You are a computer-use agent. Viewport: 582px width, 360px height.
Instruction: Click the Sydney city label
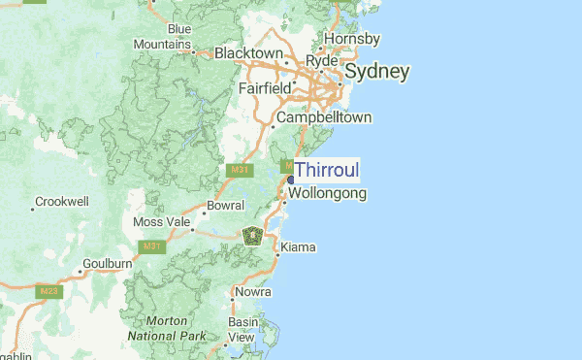(376, 72)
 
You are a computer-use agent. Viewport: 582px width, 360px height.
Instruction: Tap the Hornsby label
(351, 39)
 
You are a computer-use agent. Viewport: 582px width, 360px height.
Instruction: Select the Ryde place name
(321, 61)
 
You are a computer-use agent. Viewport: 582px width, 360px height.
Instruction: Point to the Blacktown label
(248, 52)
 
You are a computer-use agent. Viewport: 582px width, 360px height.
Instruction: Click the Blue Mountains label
(162, 37)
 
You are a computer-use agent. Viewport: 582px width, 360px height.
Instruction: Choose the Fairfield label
(265, 88)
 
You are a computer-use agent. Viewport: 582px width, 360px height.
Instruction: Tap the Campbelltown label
(324, 117)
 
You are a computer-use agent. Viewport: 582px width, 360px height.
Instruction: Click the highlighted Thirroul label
(326, 171)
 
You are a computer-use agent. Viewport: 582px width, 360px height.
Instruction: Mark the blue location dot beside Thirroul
(290, 180)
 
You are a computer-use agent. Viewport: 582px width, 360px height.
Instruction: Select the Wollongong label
(327, 193)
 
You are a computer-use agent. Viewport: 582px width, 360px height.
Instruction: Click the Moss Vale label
(162, 222)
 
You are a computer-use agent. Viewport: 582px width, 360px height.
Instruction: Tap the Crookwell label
(61, 202)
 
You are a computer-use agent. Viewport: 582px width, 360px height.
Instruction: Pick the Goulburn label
(107, 263)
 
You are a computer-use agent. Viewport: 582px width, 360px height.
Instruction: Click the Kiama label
(298, 247)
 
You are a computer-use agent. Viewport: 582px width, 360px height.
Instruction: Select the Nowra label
(251, 291)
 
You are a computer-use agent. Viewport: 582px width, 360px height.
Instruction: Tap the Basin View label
(242, 329)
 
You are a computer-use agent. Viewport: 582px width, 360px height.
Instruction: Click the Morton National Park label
(166, 328)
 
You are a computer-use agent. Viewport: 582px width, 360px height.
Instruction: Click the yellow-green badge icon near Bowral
(252, 235)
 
